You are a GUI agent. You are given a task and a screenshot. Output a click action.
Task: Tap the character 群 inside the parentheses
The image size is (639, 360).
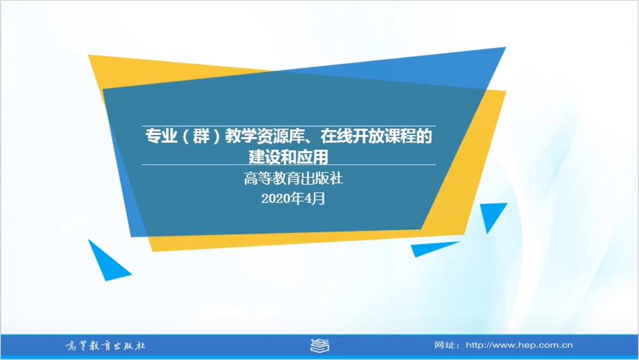201,136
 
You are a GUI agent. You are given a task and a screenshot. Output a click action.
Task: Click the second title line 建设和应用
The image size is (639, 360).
289,157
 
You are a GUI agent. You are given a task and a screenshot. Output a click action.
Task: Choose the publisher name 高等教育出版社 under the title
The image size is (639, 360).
293,179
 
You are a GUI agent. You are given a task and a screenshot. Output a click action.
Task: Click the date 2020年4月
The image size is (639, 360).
293,199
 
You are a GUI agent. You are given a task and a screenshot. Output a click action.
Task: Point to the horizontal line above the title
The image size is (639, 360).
289,126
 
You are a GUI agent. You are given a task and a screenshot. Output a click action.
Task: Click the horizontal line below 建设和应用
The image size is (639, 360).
289,165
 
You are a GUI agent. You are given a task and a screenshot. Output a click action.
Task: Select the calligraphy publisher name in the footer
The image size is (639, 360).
105,346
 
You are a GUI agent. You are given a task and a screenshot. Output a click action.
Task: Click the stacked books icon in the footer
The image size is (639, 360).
319,346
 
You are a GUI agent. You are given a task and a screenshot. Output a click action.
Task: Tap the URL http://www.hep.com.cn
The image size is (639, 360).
520,345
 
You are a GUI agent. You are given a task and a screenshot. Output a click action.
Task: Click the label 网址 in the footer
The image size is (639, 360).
444,345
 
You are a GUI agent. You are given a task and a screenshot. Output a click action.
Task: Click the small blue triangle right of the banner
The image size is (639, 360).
492,215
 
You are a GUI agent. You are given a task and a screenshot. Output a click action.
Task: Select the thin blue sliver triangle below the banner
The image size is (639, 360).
432,249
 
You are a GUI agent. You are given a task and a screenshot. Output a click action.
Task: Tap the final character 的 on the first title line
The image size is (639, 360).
424,136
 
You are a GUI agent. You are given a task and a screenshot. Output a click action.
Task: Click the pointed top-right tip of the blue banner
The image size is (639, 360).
505,48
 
